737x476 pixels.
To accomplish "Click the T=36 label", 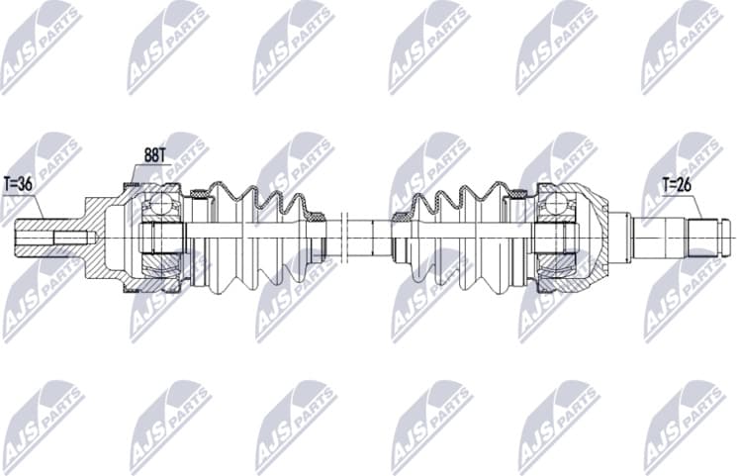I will (18, 183).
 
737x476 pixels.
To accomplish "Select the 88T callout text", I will (154, 154).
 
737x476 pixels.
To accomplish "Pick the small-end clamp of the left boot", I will (317, 215).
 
